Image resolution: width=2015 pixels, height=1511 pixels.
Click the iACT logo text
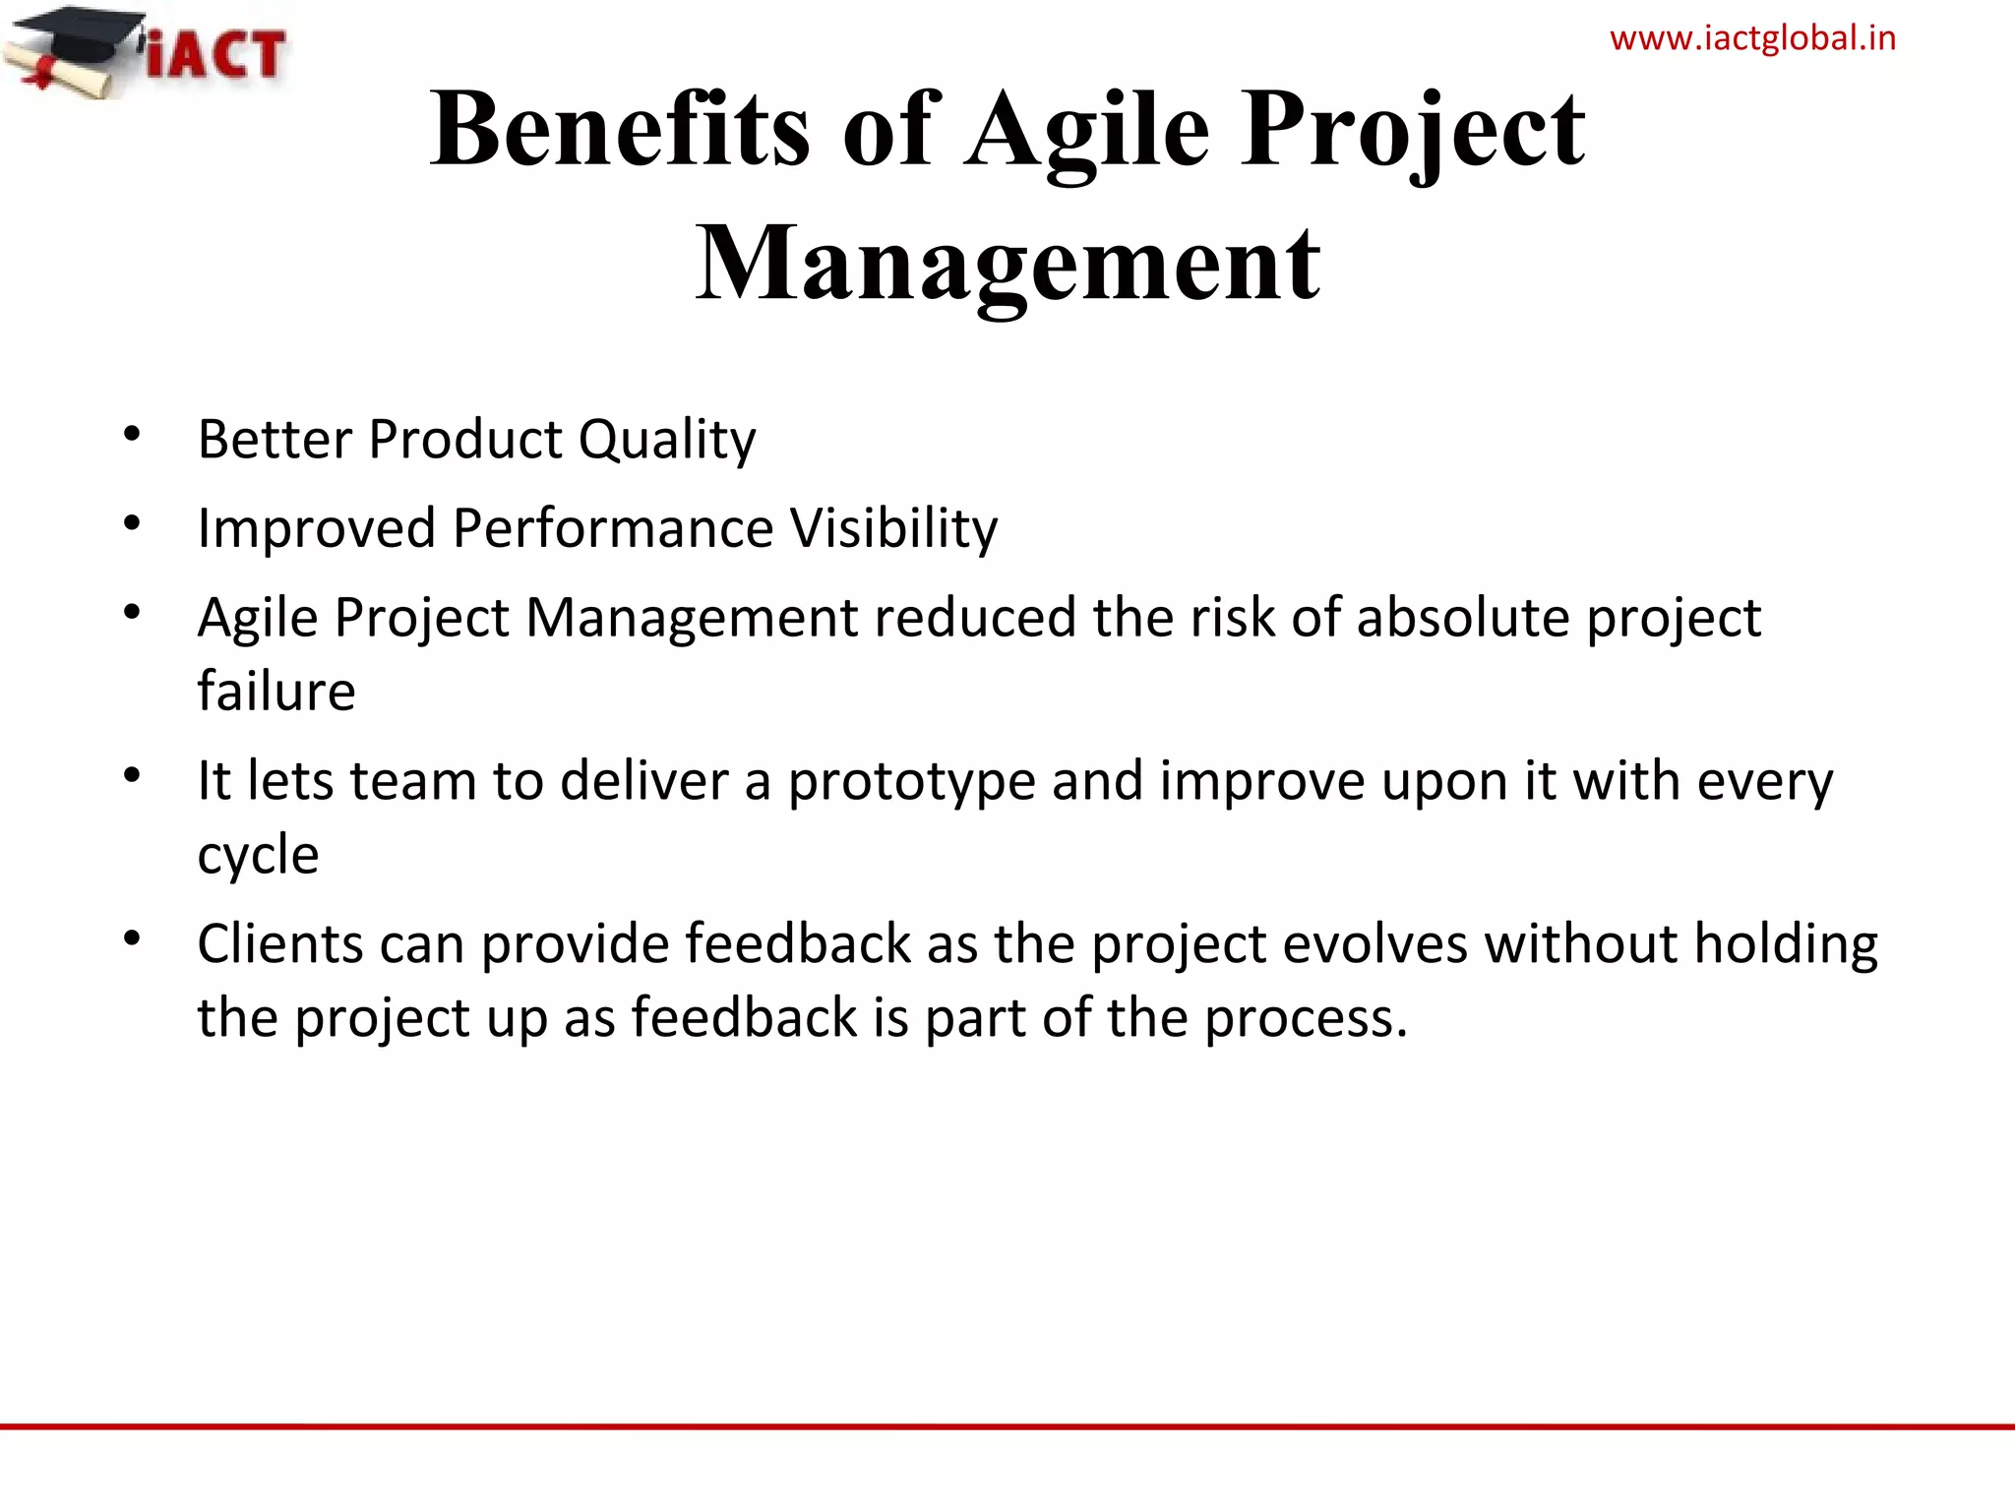point(216,54)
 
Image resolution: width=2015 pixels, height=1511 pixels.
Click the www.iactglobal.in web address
point(1752,38)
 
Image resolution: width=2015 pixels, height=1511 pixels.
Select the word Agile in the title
point(1086,130)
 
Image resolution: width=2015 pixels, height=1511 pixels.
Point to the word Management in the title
point(1007,264)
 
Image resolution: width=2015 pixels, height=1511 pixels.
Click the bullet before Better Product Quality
point(132,434)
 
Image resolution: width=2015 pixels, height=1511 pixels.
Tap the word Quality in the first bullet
point(667,440)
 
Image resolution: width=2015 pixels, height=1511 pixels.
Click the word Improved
point(316,529)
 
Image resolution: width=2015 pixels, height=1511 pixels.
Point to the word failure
point(275,691)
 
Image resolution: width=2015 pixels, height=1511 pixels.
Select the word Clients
point(280,943)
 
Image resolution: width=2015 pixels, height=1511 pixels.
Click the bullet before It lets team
point(132,776)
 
